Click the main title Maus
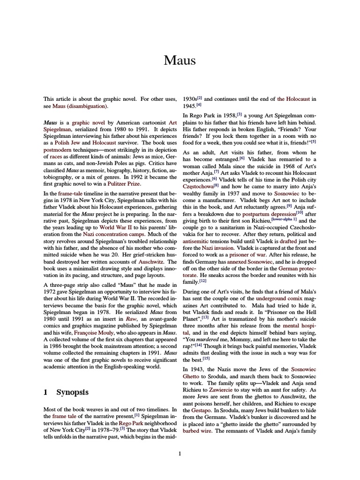point(180,60)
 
